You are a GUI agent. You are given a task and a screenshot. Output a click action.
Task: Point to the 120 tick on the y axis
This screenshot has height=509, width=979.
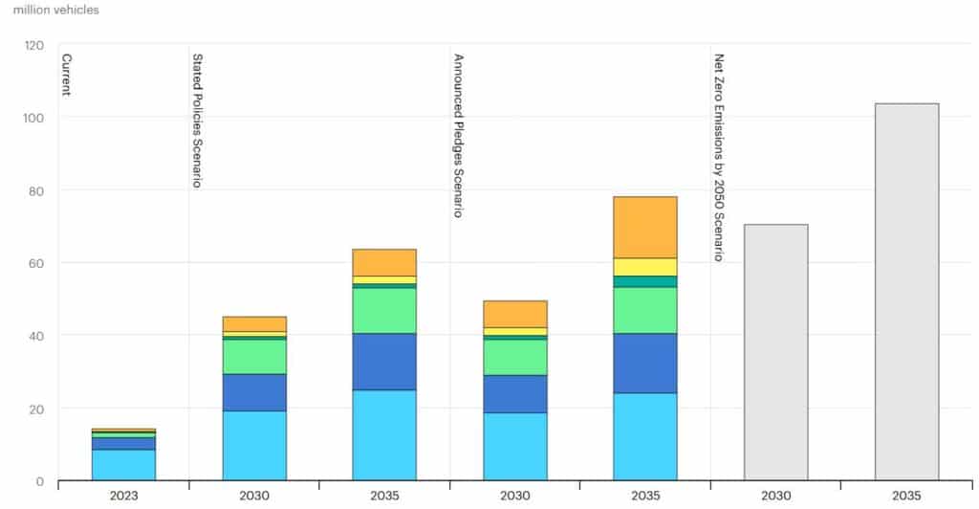click(34, 45)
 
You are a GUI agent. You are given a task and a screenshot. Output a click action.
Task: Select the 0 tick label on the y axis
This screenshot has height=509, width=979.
click(40, 481)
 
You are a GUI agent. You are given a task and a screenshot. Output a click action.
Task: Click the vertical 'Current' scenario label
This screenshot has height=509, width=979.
click(67, 77)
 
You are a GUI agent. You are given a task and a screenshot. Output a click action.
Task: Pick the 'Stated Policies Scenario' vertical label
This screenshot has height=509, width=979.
click(197, 120)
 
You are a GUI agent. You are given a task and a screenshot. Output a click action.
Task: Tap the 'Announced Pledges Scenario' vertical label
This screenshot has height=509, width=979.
click(458, 135)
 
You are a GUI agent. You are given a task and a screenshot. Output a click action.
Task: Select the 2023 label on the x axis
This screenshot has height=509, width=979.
click(123, 496)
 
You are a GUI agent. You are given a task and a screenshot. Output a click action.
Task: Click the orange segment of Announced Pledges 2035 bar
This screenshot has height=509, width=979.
click(644, 227)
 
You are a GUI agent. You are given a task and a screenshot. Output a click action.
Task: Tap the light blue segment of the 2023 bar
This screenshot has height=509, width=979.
click(123, 464)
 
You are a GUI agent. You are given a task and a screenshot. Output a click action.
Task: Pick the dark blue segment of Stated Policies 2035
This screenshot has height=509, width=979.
click(384, 361)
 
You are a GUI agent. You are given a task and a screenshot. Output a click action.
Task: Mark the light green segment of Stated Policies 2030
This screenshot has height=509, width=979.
click(254, 356)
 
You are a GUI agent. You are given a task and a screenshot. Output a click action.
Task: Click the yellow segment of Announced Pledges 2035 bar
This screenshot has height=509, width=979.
click(644, 267)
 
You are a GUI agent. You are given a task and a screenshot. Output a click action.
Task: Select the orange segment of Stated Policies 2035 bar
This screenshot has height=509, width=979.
click(384, 262)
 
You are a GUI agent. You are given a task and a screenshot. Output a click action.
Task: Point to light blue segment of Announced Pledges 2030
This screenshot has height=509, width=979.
click(515, 446)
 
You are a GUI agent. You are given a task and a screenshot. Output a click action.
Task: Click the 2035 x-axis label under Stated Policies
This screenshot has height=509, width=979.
click(384, 496)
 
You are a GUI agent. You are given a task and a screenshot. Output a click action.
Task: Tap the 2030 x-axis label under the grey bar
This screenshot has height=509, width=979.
click(775, 496)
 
